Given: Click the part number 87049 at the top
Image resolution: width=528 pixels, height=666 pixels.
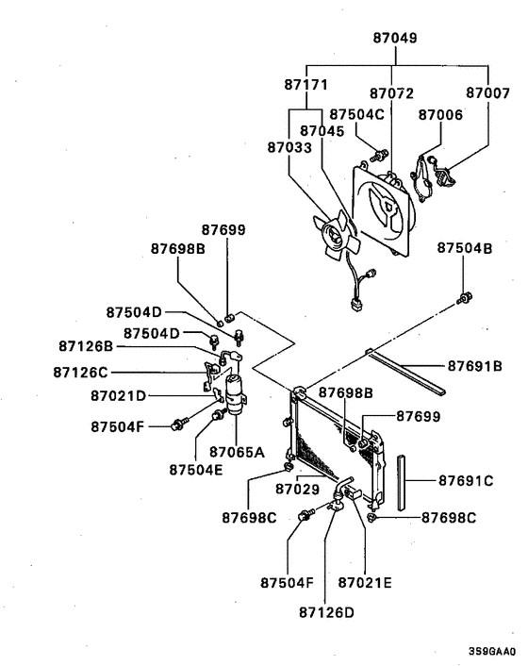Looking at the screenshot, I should (395, 39).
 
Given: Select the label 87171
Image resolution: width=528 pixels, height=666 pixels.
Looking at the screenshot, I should (305, 85).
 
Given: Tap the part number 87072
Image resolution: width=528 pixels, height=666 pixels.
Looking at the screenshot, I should (391, 94).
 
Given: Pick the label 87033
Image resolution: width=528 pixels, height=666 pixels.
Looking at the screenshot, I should (289, 147).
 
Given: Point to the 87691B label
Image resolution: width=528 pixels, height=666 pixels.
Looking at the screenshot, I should (474, 365).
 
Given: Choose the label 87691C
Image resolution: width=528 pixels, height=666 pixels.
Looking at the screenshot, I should (467, 480).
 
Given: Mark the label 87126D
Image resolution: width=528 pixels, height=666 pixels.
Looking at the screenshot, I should (327, 611).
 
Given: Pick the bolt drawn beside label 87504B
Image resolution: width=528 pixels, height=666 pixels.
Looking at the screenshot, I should (464, 300).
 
